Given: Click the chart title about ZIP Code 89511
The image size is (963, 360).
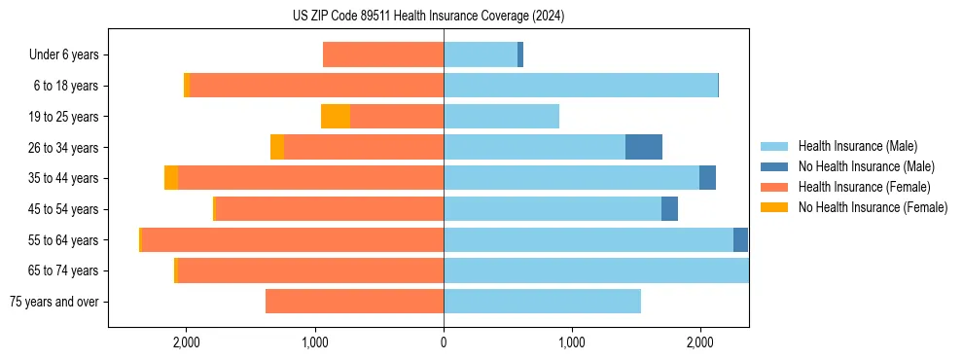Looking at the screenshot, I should click(x=428, y=17).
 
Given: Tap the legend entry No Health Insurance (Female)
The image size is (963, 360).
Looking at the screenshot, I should click(x=873, y=207).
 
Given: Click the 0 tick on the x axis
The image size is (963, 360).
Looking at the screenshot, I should click(x=444, y=342).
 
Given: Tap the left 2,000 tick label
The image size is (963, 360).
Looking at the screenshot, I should click(x=186, y=342).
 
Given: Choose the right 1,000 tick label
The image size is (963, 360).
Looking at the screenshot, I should click(x=572, y=342).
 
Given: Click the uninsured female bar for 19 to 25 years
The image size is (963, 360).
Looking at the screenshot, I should click(x=336, y=117).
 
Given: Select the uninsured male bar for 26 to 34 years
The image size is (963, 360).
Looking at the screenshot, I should click(x=644, y=147).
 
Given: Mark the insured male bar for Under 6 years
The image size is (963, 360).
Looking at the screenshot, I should click(x=481, y=55).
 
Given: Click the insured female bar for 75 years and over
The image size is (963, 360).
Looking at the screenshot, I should click(x=355, y=302).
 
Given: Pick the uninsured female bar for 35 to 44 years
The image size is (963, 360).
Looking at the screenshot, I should click(x=171, y=178).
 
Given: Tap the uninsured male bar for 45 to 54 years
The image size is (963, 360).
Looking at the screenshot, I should click(x=669, y=209).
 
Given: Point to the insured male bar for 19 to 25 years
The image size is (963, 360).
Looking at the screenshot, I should click(x=501, y=117).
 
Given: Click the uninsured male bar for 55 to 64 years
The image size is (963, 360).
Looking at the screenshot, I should click(x=740, y=240).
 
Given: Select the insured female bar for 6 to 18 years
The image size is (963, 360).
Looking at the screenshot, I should click(x=317, y=86).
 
